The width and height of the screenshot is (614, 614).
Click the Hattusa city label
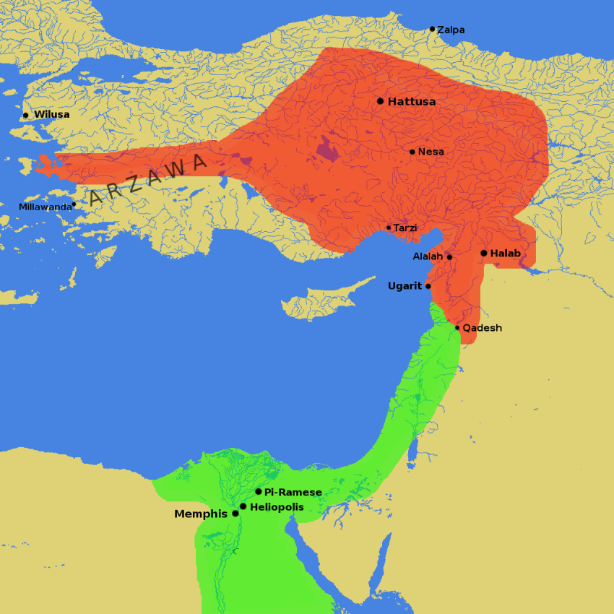[412, 102]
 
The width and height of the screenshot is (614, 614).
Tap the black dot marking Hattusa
[380, 101]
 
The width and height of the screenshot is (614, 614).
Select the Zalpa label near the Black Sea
[451, 30]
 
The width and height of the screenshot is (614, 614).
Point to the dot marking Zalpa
[432, 29]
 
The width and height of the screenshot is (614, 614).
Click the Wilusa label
[52, 115]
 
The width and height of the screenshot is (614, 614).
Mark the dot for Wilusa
[25, 115]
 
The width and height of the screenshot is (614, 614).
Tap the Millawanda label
[46, 207]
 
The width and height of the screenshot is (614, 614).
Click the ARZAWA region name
[147, 178]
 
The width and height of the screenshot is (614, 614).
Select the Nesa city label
[431, 152]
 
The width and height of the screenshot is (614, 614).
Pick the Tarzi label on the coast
[405, 228]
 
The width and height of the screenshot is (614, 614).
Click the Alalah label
[428, 256]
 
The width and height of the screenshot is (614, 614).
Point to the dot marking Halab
[483, 253]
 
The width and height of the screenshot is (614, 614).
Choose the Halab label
[505, 254]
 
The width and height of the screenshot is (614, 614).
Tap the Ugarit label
[405, 286]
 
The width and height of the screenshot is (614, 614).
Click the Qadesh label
[482, 328]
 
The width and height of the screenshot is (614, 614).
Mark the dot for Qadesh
[457, 328]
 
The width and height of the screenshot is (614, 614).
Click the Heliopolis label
[277, 507]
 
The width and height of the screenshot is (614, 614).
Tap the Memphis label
[201, 514]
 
